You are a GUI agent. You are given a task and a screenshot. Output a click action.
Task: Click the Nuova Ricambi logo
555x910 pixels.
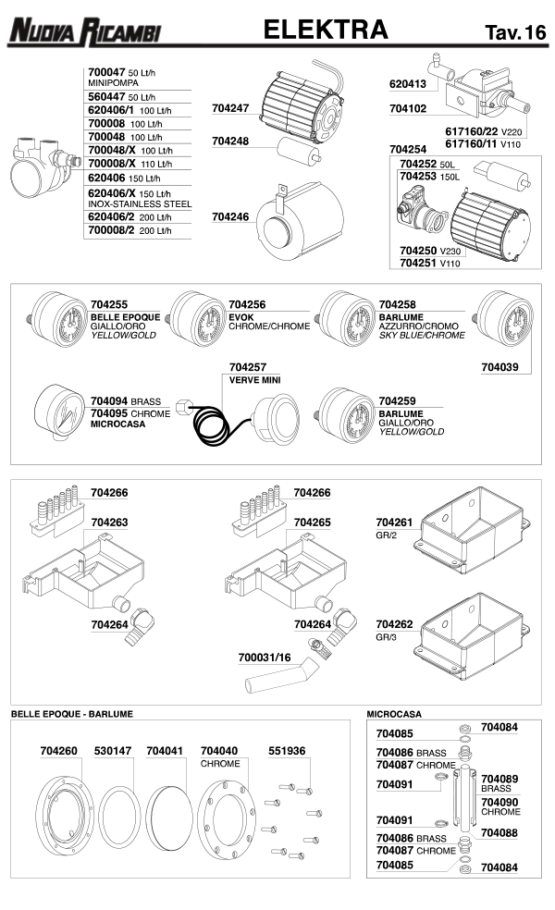[84, 32]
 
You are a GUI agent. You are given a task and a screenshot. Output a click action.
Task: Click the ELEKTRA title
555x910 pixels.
[326, 31]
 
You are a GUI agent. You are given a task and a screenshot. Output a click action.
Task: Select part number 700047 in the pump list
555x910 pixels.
[105, 71]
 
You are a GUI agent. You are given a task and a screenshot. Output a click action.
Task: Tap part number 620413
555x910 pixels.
[408, 83]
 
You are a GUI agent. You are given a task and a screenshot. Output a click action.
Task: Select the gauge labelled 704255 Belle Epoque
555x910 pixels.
[57, 318]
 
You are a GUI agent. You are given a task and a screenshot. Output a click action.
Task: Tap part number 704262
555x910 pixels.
[395, 624]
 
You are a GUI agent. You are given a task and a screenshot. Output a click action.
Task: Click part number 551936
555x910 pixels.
[287, 751]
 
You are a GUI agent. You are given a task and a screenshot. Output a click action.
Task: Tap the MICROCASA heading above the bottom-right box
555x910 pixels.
[394, 714]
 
